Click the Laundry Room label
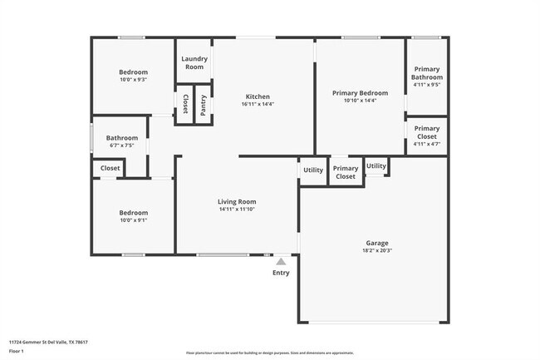tap(194, 63)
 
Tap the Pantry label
tap(202, 104)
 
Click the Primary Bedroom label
tap(360, 93)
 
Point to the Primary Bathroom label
tap(427, 73)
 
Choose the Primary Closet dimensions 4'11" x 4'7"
tap(427, 144)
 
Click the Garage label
tap(377, 243)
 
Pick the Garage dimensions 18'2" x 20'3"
tap(377, 250)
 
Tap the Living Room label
tap(237, 201)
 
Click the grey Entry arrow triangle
tap(281, 262)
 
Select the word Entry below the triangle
tap(282, 273)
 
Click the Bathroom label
tap(121, 138)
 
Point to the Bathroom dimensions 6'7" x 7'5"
tap(121, 145)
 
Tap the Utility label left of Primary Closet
tap(313, 170)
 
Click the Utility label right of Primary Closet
tap(376, 165)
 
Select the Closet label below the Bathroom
tap(110, 168)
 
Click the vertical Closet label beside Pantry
tap(184, 104)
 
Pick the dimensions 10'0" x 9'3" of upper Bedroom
tap(133, 80)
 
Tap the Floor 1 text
tap(17, 350)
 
